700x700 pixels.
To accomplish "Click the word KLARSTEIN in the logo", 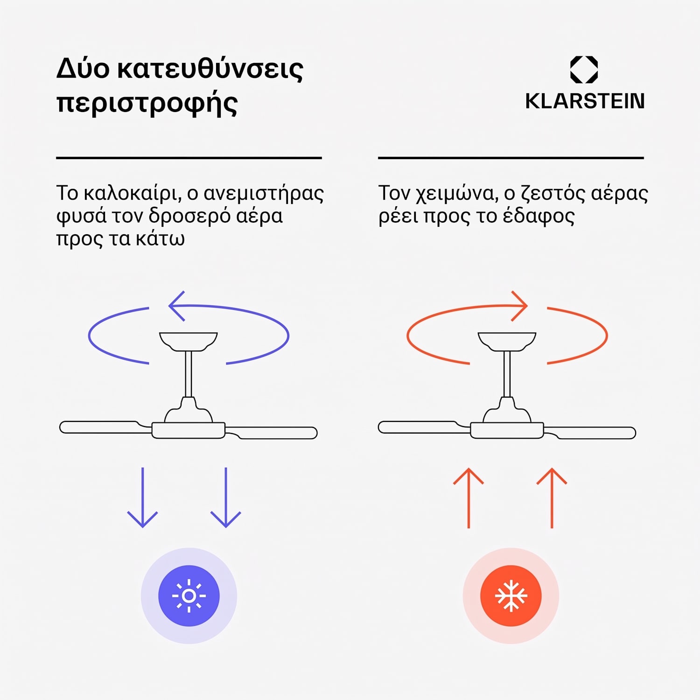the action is [x=585, y=101].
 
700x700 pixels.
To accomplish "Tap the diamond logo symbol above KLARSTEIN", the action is [x=584, y=70].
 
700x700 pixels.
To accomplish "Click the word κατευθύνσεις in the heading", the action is [x=210, y=69].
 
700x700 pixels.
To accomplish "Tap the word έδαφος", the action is [x=539, y=217].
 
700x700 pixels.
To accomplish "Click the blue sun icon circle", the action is [x=189, y=596].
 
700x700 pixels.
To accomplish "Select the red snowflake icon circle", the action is [x=511, y=596].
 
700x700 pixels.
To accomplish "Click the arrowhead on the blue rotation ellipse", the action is [x=177, y=306].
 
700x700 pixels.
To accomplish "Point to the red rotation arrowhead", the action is [x=519, y=306].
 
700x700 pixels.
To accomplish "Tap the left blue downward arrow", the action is [x=142, y=497].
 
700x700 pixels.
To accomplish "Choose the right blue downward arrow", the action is [x=226, y=497].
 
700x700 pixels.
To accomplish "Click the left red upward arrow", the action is [x=469, y=498].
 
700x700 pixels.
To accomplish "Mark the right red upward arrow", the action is [x=552, y=498].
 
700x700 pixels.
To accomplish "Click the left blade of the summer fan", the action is [x=105, y=427].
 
